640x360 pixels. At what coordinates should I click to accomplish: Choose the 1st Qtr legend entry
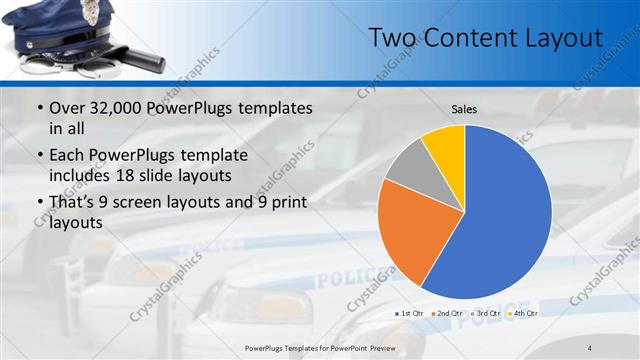point(410,314)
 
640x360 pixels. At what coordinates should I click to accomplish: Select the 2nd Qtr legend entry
point(447,314)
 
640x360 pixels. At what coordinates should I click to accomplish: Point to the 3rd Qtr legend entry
point(486,314)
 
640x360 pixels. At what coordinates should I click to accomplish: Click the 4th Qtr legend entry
point(523,314)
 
